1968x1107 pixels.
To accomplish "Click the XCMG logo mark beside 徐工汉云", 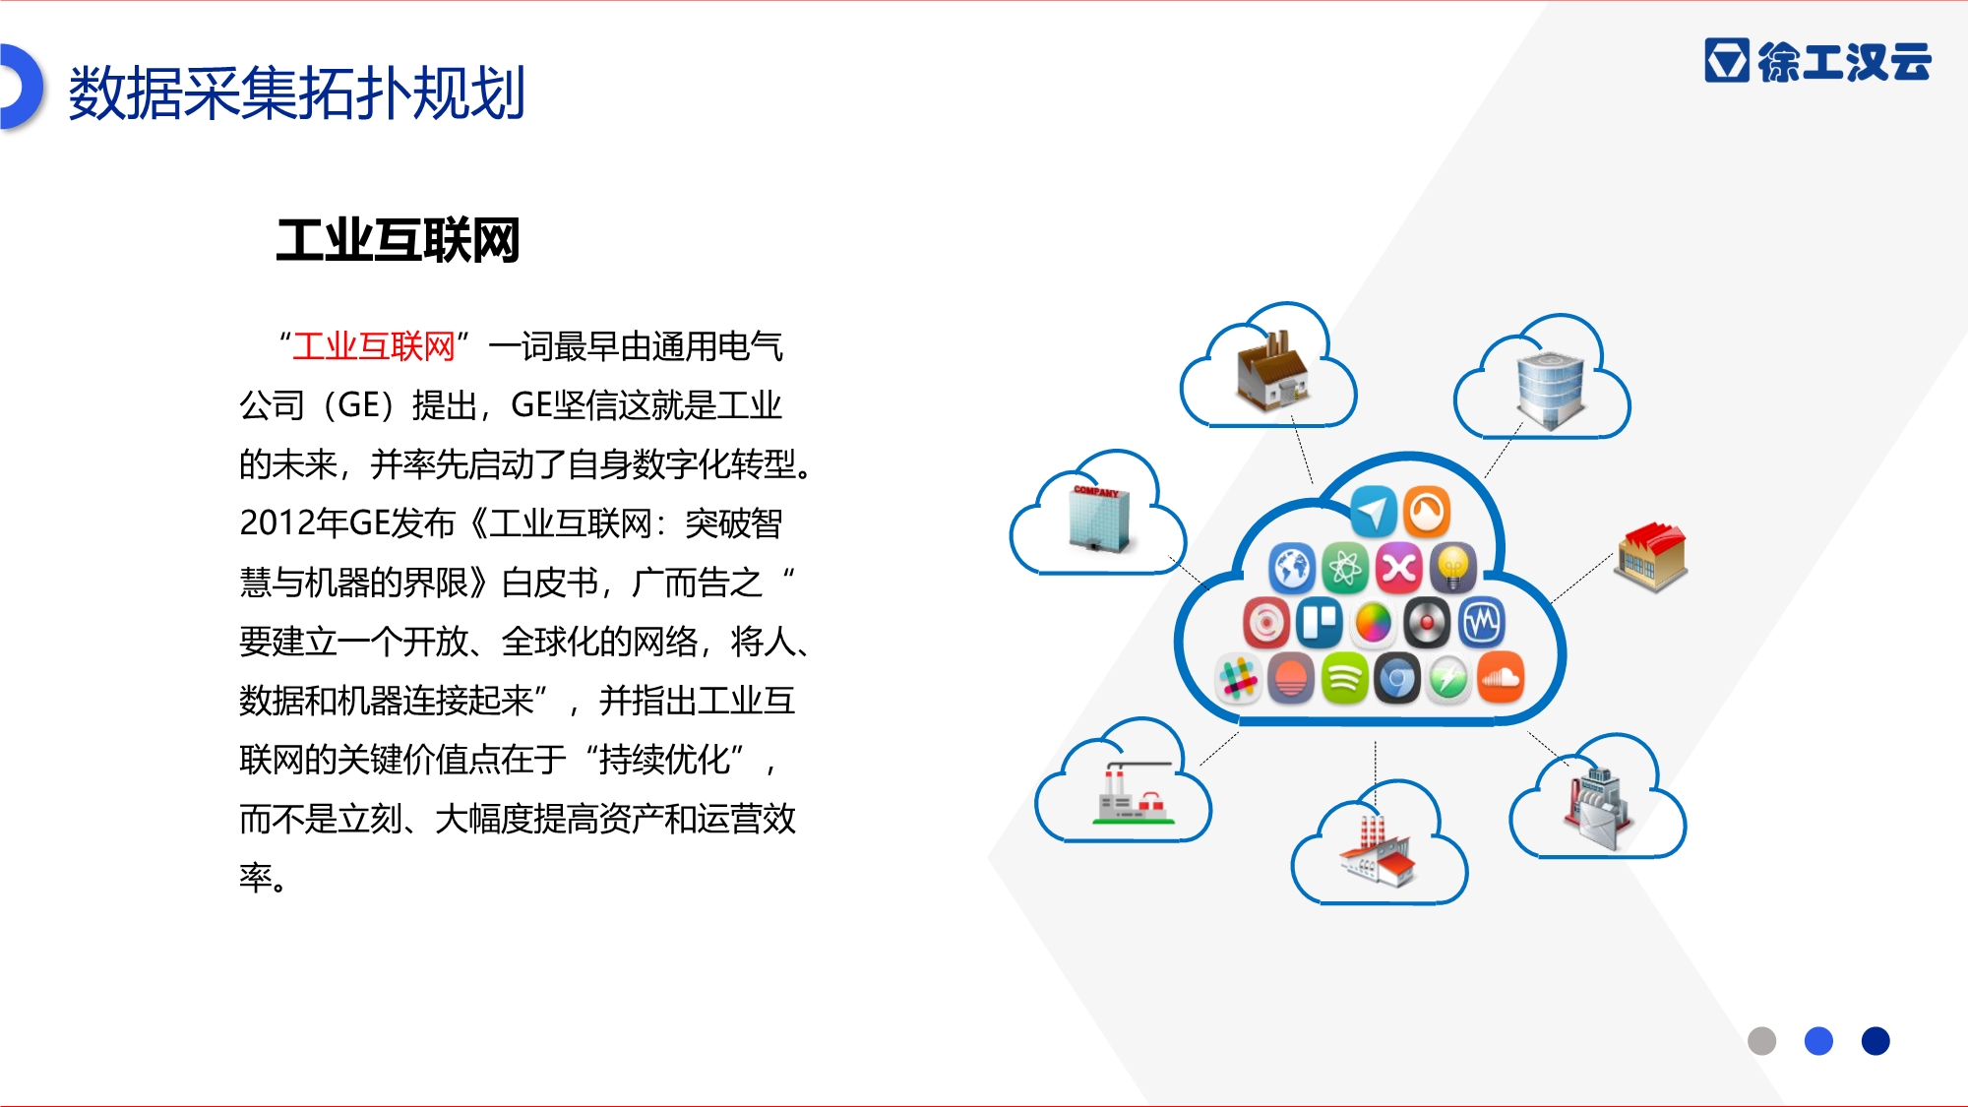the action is [1727, 61].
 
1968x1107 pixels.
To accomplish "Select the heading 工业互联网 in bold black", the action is [398, 241].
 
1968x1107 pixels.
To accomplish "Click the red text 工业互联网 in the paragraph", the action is [374, 346].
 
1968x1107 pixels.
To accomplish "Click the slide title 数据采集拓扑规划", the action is [296, 93].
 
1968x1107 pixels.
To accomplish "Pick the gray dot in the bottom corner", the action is [1761, 1040].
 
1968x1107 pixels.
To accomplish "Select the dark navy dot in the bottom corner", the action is [1876, 1040].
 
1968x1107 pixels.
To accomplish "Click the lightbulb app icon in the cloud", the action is [1452, 568].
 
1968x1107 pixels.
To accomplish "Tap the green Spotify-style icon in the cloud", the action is [1344, 678].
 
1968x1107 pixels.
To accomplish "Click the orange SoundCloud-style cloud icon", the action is [1500, 678].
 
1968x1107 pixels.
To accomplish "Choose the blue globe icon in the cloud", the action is [1292, 568].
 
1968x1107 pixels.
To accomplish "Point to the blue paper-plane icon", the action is [1373, 512].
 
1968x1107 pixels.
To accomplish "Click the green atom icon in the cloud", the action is [1345, 568].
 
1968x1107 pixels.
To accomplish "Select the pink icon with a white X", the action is [1399, 568].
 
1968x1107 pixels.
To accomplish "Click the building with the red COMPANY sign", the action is [1099, 518].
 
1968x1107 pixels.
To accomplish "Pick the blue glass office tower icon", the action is [1550, 391].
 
